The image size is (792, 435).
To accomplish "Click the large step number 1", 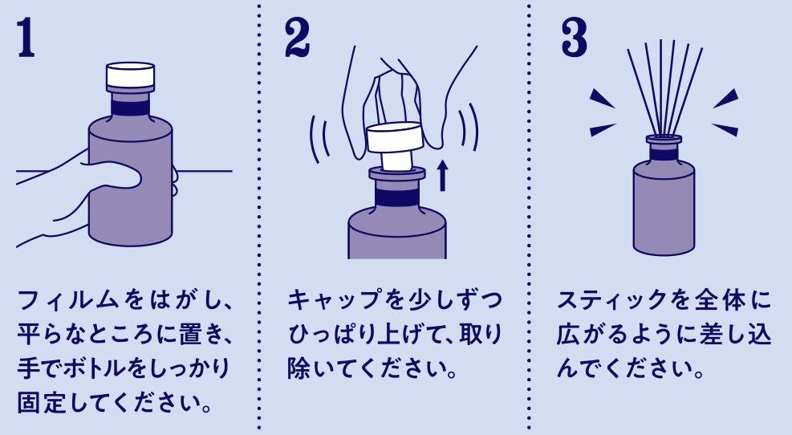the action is [x=26, y=39].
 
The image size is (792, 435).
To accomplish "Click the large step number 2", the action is [x=297, y=39].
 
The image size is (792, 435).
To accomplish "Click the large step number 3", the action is [x=575, y=39].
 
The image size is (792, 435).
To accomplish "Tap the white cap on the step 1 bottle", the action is [x=130, y=75].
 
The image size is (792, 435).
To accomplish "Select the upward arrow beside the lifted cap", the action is [x=442, y=176].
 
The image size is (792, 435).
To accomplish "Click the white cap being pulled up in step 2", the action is [x=395, y=144].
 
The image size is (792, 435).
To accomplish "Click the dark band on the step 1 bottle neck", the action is [x=130, y=108].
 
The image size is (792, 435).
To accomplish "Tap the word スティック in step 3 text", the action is [x=612, y=300].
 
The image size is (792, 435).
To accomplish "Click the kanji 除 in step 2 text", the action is [x=299, y=368].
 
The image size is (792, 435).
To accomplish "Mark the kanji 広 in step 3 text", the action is [x=568, y=335].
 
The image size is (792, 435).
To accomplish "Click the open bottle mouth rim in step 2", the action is [x=397, y=174].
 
